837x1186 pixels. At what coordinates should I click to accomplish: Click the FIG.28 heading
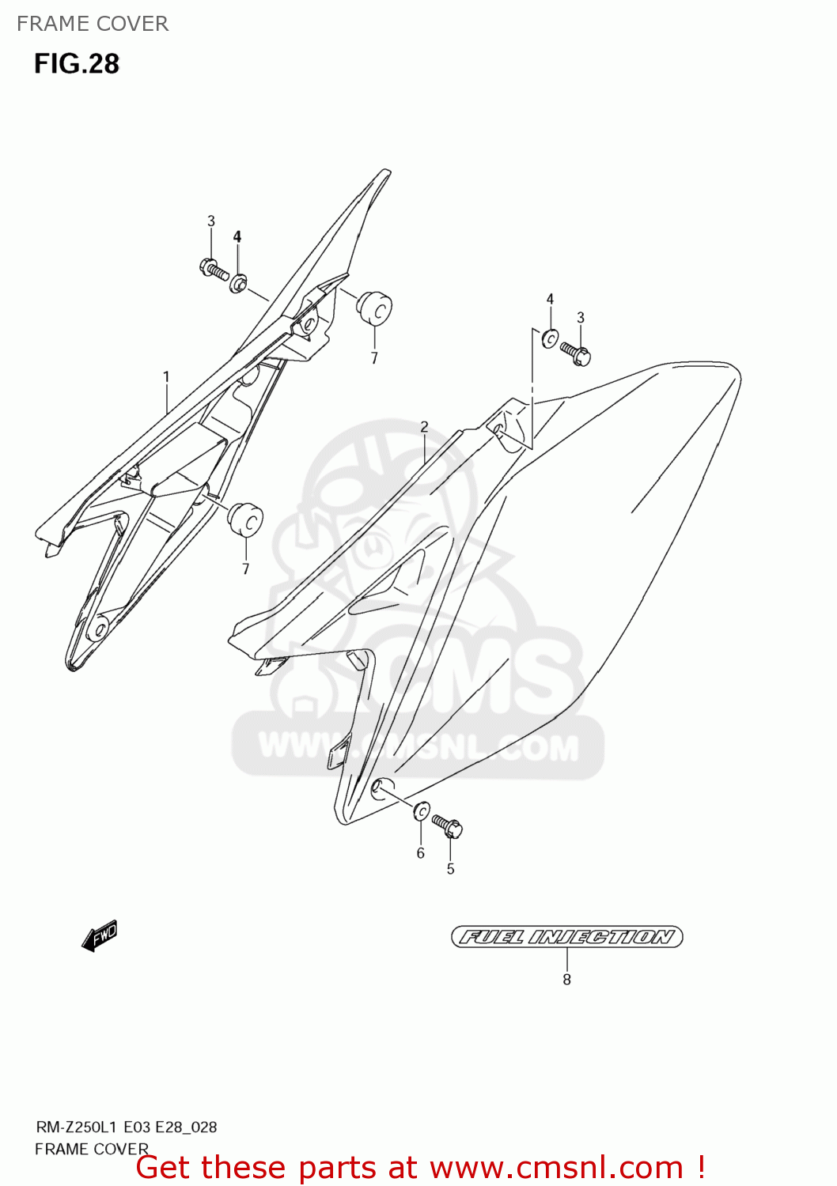click(77, 64)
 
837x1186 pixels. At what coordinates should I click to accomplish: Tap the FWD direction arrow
click(100, 936)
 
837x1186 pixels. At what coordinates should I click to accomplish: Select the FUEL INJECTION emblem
click(566, 937)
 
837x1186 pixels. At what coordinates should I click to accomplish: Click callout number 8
click(566, 980)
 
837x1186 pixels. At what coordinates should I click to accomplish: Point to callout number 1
click(166, 377)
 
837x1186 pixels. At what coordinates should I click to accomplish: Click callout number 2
click(424, 427)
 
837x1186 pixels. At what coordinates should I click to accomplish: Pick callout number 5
click(450, 869)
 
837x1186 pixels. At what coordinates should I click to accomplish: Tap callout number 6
click(421, 853)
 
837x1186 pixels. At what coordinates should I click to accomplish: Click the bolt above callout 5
click(447, 826)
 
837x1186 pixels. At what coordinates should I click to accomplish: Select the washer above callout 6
click(422, 810)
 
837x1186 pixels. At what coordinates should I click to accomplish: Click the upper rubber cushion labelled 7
click(374, 307)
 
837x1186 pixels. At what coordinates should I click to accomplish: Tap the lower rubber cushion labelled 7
click(245, 518)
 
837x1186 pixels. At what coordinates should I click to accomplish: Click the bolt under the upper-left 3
click(214, 269)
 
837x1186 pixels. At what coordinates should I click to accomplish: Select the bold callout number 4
click(237, 236)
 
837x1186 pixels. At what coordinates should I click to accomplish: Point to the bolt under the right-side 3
click(575, 353)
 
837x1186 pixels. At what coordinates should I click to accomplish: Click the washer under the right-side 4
click(550, 338)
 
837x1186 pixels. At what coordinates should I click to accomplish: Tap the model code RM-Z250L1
click(77, 1127)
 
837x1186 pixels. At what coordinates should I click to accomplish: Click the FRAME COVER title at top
click(93, 24)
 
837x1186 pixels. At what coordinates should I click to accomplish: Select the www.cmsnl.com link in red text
click(556, 1168)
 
